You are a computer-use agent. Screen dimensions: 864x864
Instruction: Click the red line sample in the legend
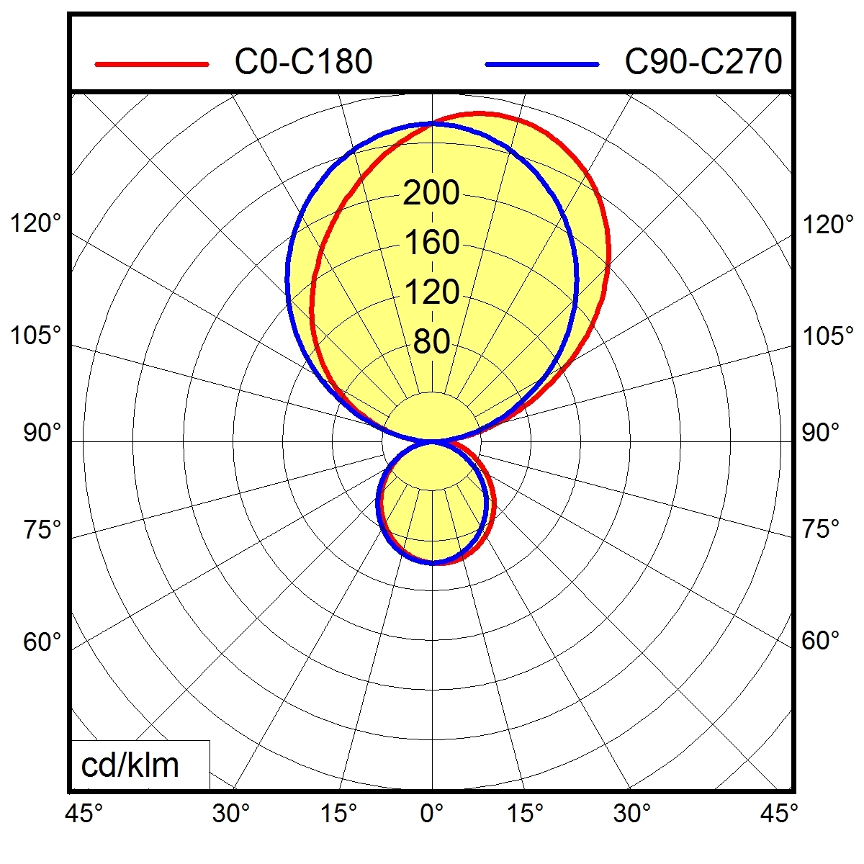tap(152, 64)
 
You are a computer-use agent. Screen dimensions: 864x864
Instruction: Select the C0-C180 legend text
tap(303, 62)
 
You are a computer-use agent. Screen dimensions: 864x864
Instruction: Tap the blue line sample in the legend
tap(541, 64)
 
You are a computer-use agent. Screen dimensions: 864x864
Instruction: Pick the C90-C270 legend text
tap(703, 62)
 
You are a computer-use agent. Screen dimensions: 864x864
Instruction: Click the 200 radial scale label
tap(431, 193)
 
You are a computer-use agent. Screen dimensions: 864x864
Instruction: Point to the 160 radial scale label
tap(431, 243)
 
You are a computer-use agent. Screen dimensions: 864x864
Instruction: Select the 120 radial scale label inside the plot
tap(431, 292)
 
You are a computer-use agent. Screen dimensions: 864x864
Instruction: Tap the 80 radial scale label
tap(431, 342)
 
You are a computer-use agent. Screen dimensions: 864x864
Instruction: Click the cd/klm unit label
tap(130, 765)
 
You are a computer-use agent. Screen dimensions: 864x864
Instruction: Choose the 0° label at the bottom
tap(432, 814)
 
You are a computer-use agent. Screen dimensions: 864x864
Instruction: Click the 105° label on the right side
tap(828, 336)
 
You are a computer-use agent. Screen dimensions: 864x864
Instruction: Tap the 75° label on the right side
tap(821, 529)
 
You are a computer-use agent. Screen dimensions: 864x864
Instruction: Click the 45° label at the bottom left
tap(84, 814)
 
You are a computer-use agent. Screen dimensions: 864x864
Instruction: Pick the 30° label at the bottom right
tap(631, 814)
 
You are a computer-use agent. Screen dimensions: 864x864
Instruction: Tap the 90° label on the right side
tap(821, 433)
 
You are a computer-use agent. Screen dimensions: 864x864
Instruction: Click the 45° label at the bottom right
tap(778, 814)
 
